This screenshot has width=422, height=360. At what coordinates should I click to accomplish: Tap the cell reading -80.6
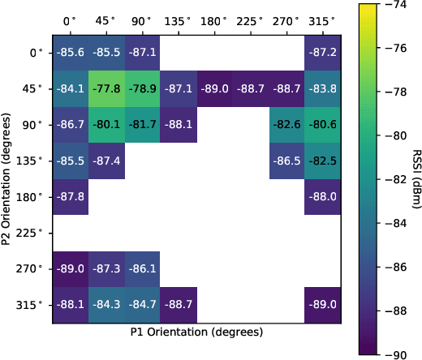(322, 125)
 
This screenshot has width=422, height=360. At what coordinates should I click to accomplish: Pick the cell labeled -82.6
(286, 125)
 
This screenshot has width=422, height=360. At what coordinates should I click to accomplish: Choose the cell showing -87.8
(71, 196)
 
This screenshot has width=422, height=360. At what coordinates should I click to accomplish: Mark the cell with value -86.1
(142, 268)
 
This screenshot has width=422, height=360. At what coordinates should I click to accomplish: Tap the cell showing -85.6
(71, 53)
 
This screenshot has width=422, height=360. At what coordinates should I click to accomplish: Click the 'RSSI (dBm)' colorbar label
(416, 180)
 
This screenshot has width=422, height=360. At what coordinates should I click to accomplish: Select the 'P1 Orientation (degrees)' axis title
(196, 332)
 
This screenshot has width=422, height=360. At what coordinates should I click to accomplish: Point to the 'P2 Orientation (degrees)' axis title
(7, 178)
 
